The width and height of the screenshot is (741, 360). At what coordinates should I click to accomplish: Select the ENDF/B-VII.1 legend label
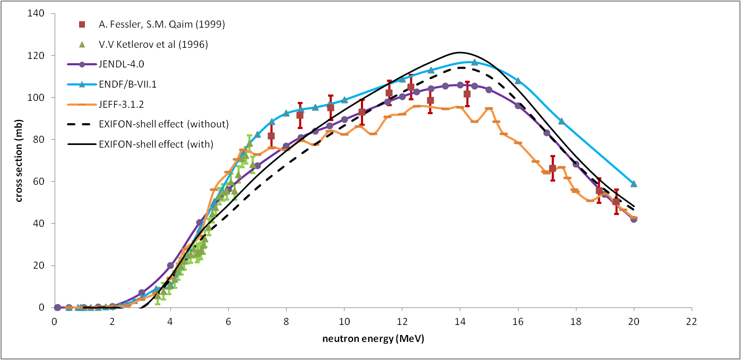coord(128,85)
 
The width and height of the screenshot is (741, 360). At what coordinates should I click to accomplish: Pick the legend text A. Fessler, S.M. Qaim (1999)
coord(161,24)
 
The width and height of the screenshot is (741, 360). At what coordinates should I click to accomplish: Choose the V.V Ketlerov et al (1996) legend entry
coord(153,45)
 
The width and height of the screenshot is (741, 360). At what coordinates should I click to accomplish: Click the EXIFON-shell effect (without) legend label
coord(163,124)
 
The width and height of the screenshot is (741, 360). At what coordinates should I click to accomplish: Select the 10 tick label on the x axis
coord(344,322)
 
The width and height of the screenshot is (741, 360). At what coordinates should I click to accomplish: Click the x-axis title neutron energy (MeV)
coord(373,338)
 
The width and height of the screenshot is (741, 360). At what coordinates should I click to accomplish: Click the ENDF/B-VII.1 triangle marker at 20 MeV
coord(633,184)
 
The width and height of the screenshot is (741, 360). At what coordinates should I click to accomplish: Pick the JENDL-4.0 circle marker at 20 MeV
coord(633,219)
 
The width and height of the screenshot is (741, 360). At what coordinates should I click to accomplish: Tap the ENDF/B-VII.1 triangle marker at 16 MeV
coord(518,81)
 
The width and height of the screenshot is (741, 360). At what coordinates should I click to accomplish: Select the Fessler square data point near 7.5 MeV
coord(271,136)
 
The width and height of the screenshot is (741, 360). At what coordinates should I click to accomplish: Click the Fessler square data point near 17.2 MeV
coord(553,168)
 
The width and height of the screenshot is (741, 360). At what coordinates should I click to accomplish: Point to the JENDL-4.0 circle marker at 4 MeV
coord(170,265)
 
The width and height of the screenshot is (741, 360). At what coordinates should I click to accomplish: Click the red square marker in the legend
coord(82,24)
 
